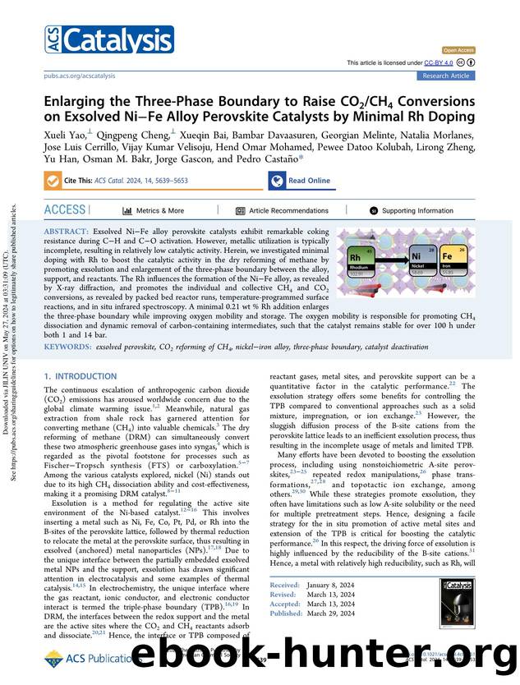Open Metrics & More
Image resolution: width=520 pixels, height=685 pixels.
[154, 210]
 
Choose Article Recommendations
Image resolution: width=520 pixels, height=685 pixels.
[282, 210]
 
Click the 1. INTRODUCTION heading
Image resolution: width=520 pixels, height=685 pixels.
[81, 375]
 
